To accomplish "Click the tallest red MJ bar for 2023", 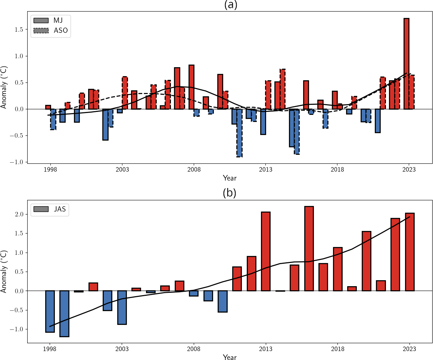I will point(406,63).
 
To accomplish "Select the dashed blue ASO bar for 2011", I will point(239,133).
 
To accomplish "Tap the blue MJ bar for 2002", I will point(106,124).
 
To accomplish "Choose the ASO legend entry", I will point(51,31).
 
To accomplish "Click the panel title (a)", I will point(230,5).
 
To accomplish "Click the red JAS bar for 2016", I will point(309,248).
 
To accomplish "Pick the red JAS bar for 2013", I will point(266,251).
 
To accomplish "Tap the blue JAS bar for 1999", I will point(64,313).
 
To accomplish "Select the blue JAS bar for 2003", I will point(122,307).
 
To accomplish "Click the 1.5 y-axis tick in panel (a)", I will point(18,29).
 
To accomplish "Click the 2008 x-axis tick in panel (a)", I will point(194,169).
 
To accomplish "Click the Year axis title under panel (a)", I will point(230,178).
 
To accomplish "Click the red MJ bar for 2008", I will point(191,87).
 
